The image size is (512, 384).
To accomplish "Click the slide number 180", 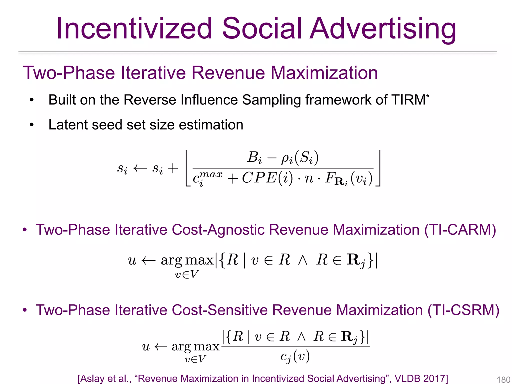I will pos(503,379).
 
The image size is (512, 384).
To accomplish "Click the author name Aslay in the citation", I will pos(91,378).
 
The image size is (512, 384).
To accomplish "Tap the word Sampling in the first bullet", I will pos(271,100).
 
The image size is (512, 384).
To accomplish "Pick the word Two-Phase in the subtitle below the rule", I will pos(69,73).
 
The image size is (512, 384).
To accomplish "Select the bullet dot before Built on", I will pos(31,100).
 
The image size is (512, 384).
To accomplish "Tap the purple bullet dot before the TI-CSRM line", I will pos(24,310).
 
